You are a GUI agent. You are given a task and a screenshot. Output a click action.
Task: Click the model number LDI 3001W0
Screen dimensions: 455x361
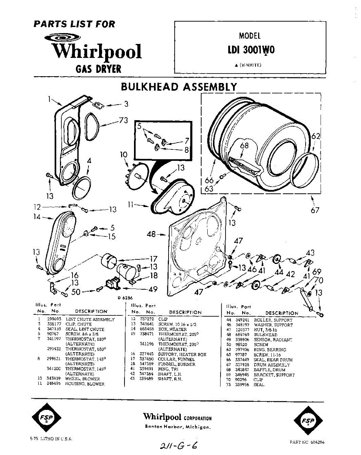[x=251, y=51]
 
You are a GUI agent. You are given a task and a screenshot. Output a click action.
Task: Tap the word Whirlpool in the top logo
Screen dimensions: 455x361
[x=97, y=52]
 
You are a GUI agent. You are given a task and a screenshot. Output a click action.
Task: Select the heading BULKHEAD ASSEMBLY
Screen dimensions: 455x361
[x=178, y=87]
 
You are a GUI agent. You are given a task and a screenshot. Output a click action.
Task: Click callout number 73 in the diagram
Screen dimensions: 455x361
[x=123, y=121]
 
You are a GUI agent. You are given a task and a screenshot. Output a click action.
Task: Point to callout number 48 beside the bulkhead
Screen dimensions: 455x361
[x=151, y=235]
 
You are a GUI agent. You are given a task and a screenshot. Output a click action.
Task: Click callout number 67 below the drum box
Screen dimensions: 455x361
[x=315, y=210]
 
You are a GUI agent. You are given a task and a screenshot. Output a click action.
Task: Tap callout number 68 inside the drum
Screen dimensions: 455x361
[x=244, y=146]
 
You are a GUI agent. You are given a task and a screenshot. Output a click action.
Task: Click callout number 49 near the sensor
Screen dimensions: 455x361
[x=153, y=290]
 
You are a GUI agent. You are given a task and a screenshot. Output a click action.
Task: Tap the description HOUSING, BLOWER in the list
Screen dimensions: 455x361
[x=85, y=384]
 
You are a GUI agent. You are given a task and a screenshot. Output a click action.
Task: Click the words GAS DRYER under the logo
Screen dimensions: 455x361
[x=98, y=69]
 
